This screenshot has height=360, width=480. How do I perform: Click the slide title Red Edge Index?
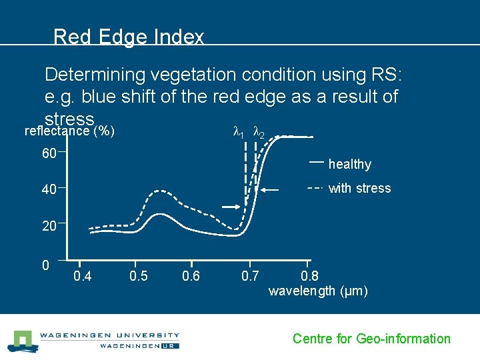point(129,37)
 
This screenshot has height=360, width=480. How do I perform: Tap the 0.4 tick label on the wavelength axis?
point(83,276)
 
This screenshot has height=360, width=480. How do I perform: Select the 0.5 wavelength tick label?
point(138,276)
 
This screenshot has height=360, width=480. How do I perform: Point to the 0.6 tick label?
point(191,276)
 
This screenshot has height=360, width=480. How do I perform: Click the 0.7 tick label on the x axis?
point(250,276)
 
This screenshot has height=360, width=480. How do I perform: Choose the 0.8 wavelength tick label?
point(310,276)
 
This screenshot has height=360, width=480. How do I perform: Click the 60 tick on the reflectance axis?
point(49,154)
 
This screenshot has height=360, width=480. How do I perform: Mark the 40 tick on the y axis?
point(49,191)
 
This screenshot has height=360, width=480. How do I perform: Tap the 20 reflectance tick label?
point(49,227)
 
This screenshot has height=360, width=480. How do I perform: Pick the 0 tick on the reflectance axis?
point(45,265)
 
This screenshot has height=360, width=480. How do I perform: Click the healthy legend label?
point(350,165)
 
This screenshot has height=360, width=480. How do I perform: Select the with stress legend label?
point(360,189)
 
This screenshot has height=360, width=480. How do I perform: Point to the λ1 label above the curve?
point(238,133)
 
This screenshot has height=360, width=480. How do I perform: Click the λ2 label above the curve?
point(259,134)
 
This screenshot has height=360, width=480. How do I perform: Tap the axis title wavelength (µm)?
point(318,291)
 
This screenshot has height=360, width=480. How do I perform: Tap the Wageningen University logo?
point(93,340)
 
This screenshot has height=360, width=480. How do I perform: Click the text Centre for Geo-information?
point(371,339)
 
